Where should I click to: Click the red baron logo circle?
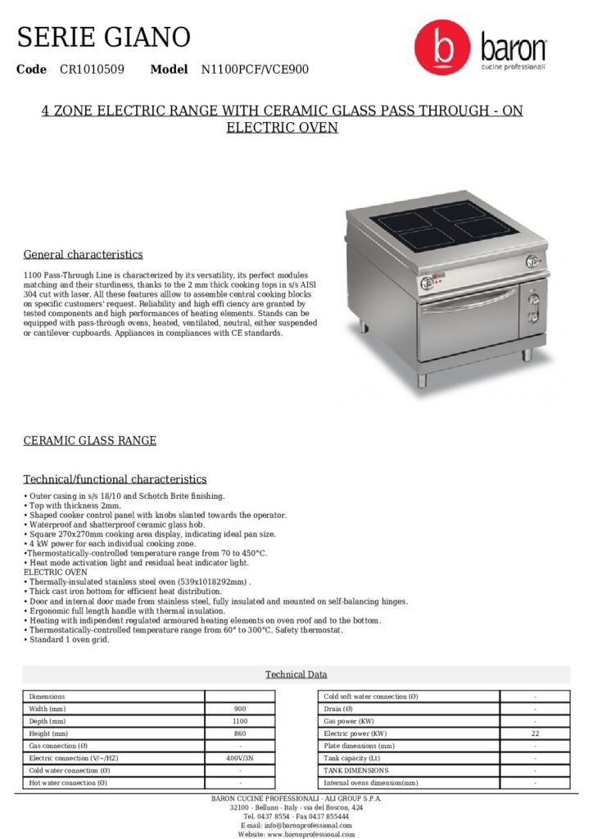(x=442, y=48)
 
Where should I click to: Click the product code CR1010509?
(x=92, y=70)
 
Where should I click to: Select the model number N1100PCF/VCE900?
(x=255, y=70)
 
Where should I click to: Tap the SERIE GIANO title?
(x=104, y=37)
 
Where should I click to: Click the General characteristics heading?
(x=83, y=254)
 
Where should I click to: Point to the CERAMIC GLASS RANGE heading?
(x=89, y=441)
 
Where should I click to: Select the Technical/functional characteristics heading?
(x=115, y=479)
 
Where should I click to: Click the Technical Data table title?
(x=296, y=674)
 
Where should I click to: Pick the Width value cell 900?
(x=240, y=709)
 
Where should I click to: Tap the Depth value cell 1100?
(x=240, y=721)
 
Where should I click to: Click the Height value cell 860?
(x=240, y=733)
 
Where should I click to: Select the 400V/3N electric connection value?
(x=240, y=759)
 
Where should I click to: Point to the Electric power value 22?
(x=535, y=733)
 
